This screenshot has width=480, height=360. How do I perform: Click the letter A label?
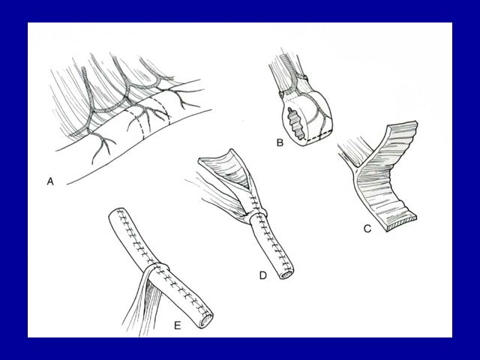pos(50,181)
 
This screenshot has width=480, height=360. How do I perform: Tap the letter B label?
pos(280,142)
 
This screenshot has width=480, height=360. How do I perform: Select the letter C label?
pos(367,228)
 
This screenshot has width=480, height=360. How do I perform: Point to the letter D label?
pos(263,275)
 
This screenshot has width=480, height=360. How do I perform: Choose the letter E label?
pos(178,325)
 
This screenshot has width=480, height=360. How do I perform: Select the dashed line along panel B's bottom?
pos(318,136)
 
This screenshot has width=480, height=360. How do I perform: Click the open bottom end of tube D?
pos(286,274)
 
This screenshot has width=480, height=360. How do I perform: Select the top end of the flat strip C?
pos(402,126)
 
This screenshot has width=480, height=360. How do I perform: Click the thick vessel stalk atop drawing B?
pos(286,64)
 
